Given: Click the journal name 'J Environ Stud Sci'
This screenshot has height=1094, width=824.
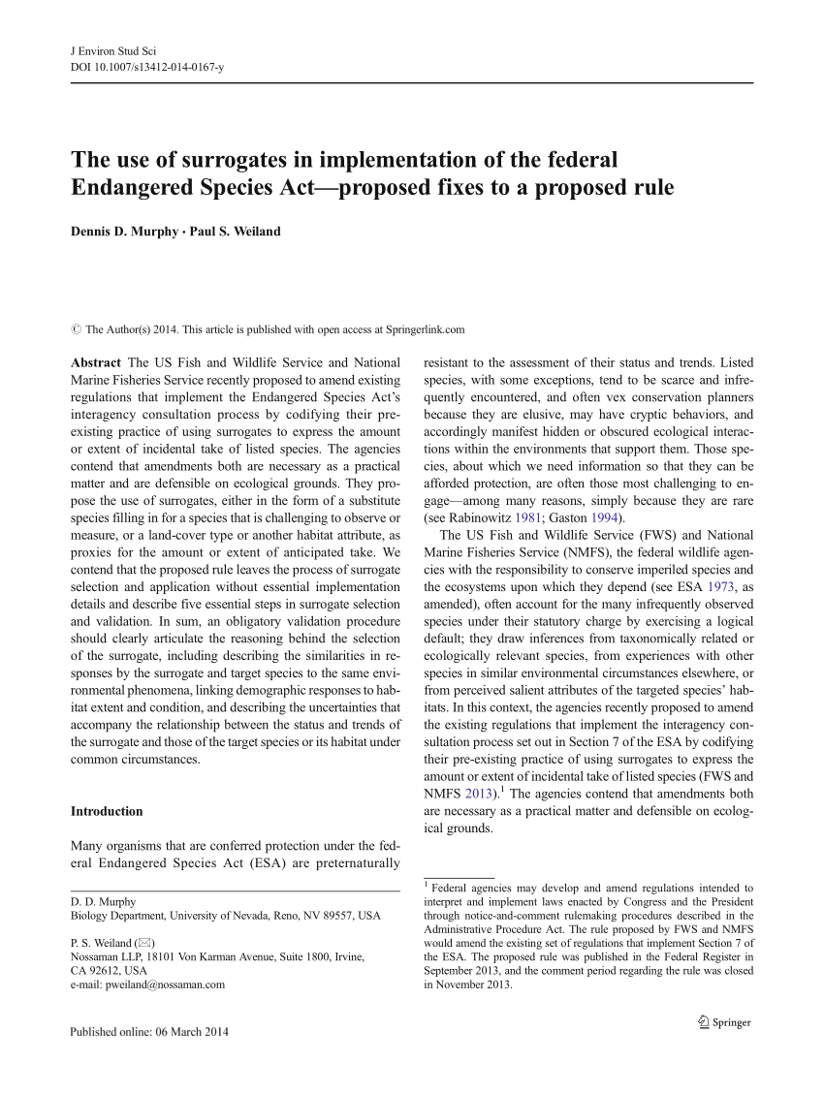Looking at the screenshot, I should [113, 49].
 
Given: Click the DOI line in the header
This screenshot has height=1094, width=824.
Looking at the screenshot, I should [147, 67].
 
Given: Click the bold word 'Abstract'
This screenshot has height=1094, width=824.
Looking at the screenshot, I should [94, 362].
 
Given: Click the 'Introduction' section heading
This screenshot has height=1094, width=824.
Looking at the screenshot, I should [107, 811].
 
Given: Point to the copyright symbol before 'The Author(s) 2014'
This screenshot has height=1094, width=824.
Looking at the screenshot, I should [76, 329].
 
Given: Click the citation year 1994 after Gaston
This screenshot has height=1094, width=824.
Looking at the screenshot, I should [607, 516].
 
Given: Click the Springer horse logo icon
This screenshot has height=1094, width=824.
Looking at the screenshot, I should [703, 1021].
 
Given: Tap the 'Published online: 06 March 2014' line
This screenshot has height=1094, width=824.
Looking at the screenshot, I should [149, 1032].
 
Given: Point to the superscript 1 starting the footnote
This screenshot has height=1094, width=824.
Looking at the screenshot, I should [427, 884].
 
